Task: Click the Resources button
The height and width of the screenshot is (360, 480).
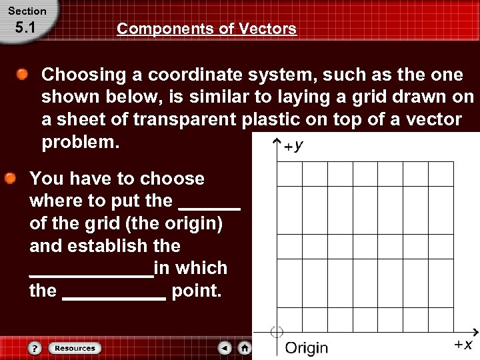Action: [x=75, y=348]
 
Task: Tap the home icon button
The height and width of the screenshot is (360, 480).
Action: [x=245, y=348]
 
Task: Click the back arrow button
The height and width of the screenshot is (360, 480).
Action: [x=225, y=348]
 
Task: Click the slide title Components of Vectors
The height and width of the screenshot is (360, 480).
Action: [x=207, y=29]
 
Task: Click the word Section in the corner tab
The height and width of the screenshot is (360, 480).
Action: [x=27, y=11]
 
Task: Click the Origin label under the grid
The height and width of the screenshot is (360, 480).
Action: [x=307, y=348]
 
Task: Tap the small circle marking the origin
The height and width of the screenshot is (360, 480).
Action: [x=277, y=332]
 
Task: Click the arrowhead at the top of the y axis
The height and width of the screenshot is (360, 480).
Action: [x=277, y=142]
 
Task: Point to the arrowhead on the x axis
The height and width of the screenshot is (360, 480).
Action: [x=474, y=331]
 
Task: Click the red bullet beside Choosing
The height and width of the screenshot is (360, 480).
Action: [x=23, y=75]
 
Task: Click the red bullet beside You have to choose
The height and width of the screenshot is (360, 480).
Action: [x=11, y=179]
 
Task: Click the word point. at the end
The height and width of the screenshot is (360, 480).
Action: [x=196, y=291]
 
